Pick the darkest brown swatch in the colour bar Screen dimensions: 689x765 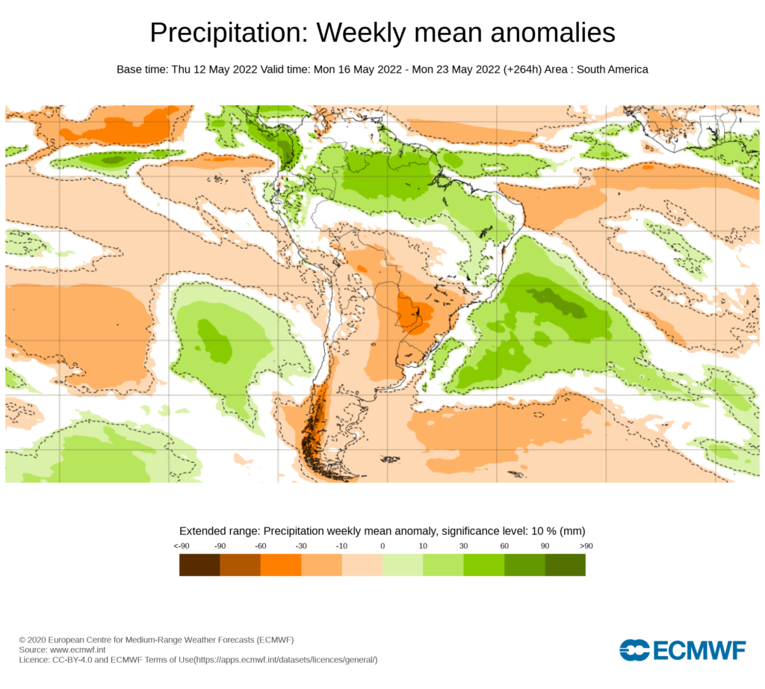pos(199,565)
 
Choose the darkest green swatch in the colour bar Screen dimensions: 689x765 pos(565,565)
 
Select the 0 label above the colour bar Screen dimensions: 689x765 pos(382,546)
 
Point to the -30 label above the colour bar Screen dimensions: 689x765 pos(301,546)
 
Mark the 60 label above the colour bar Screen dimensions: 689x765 pos(504,546)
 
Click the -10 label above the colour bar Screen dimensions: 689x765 pos(341,546)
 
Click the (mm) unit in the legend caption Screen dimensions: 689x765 pos(572,531)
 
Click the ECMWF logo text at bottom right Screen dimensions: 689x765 pos(699,650)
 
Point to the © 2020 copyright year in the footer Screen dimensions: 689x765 pos(31,640)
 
